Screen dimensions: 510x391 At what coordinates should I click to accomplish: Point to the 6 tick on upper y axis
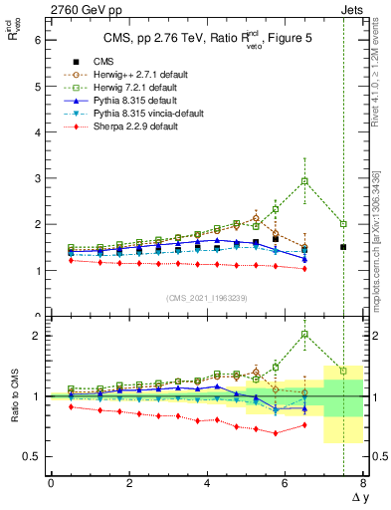coord(37,41)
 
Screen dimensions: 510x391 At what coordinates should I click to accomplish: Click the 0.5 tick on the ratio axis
coord(32,456)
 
